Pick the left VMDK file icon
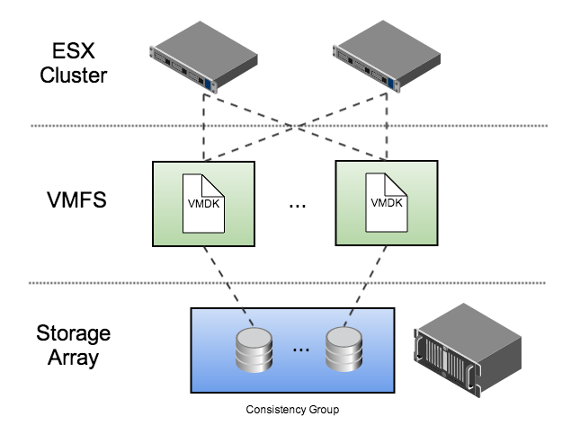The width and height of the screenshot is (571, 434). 203,204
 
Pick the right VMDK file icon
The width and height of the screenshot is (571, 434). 386,204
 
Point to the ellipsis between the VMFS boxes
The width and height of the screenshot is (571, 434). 298,206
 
